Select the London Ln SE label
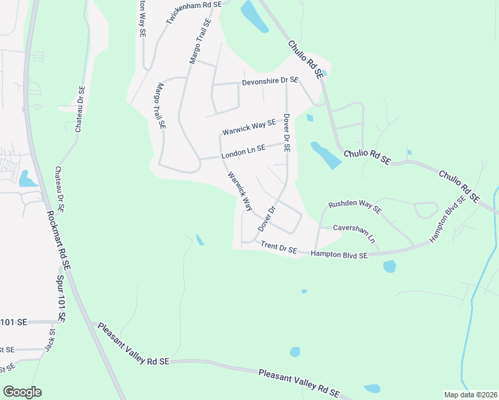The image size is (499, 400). [x=243, y=151]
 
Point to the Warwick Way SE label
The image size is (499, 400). [x=249, y=124]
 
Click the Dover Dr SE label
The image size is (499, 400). [x=286, y=133]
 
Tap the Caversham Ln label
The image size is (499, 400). [x=354, y=232]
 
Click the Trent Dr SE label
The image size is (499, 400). [x=279, y=248]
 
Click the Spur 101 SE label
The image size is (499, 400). [x=61, y=299]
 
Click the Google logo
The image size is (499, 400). [x=22, y=392]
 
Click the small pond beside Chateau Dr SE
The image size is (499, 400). [x=27, y=179]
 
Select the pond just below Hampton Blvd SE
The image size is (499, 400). [x=390, y=267]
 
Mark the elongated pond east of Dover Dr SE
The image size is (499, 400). [x=326, y=155]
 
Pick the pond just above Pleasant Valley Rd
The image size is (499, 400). [x=372, y=389]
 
